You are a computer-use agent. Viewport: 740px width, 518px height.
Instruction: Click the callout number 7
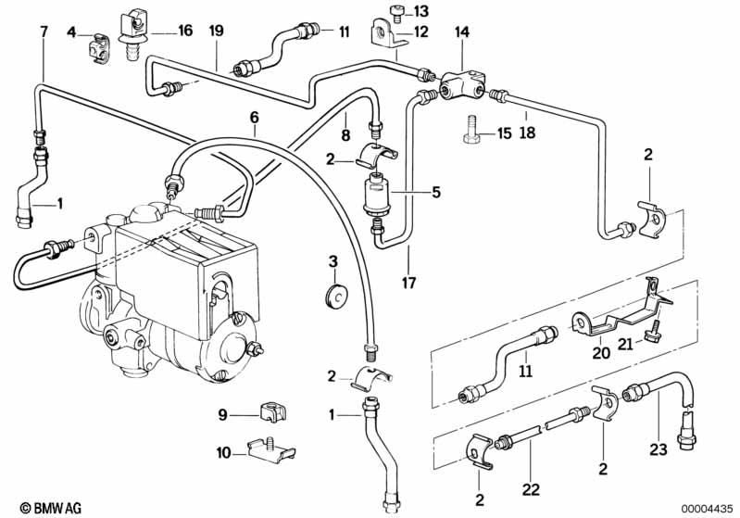pos(44,32)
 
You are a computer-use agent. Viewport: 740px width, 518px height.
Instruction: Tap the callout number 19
pos(216,32)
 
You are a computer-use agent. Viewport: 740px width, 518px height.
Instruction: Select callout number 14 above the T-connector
pos(461,31)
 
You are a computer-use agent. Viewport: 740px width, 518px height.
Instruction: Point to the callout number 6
pos(255,116)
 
